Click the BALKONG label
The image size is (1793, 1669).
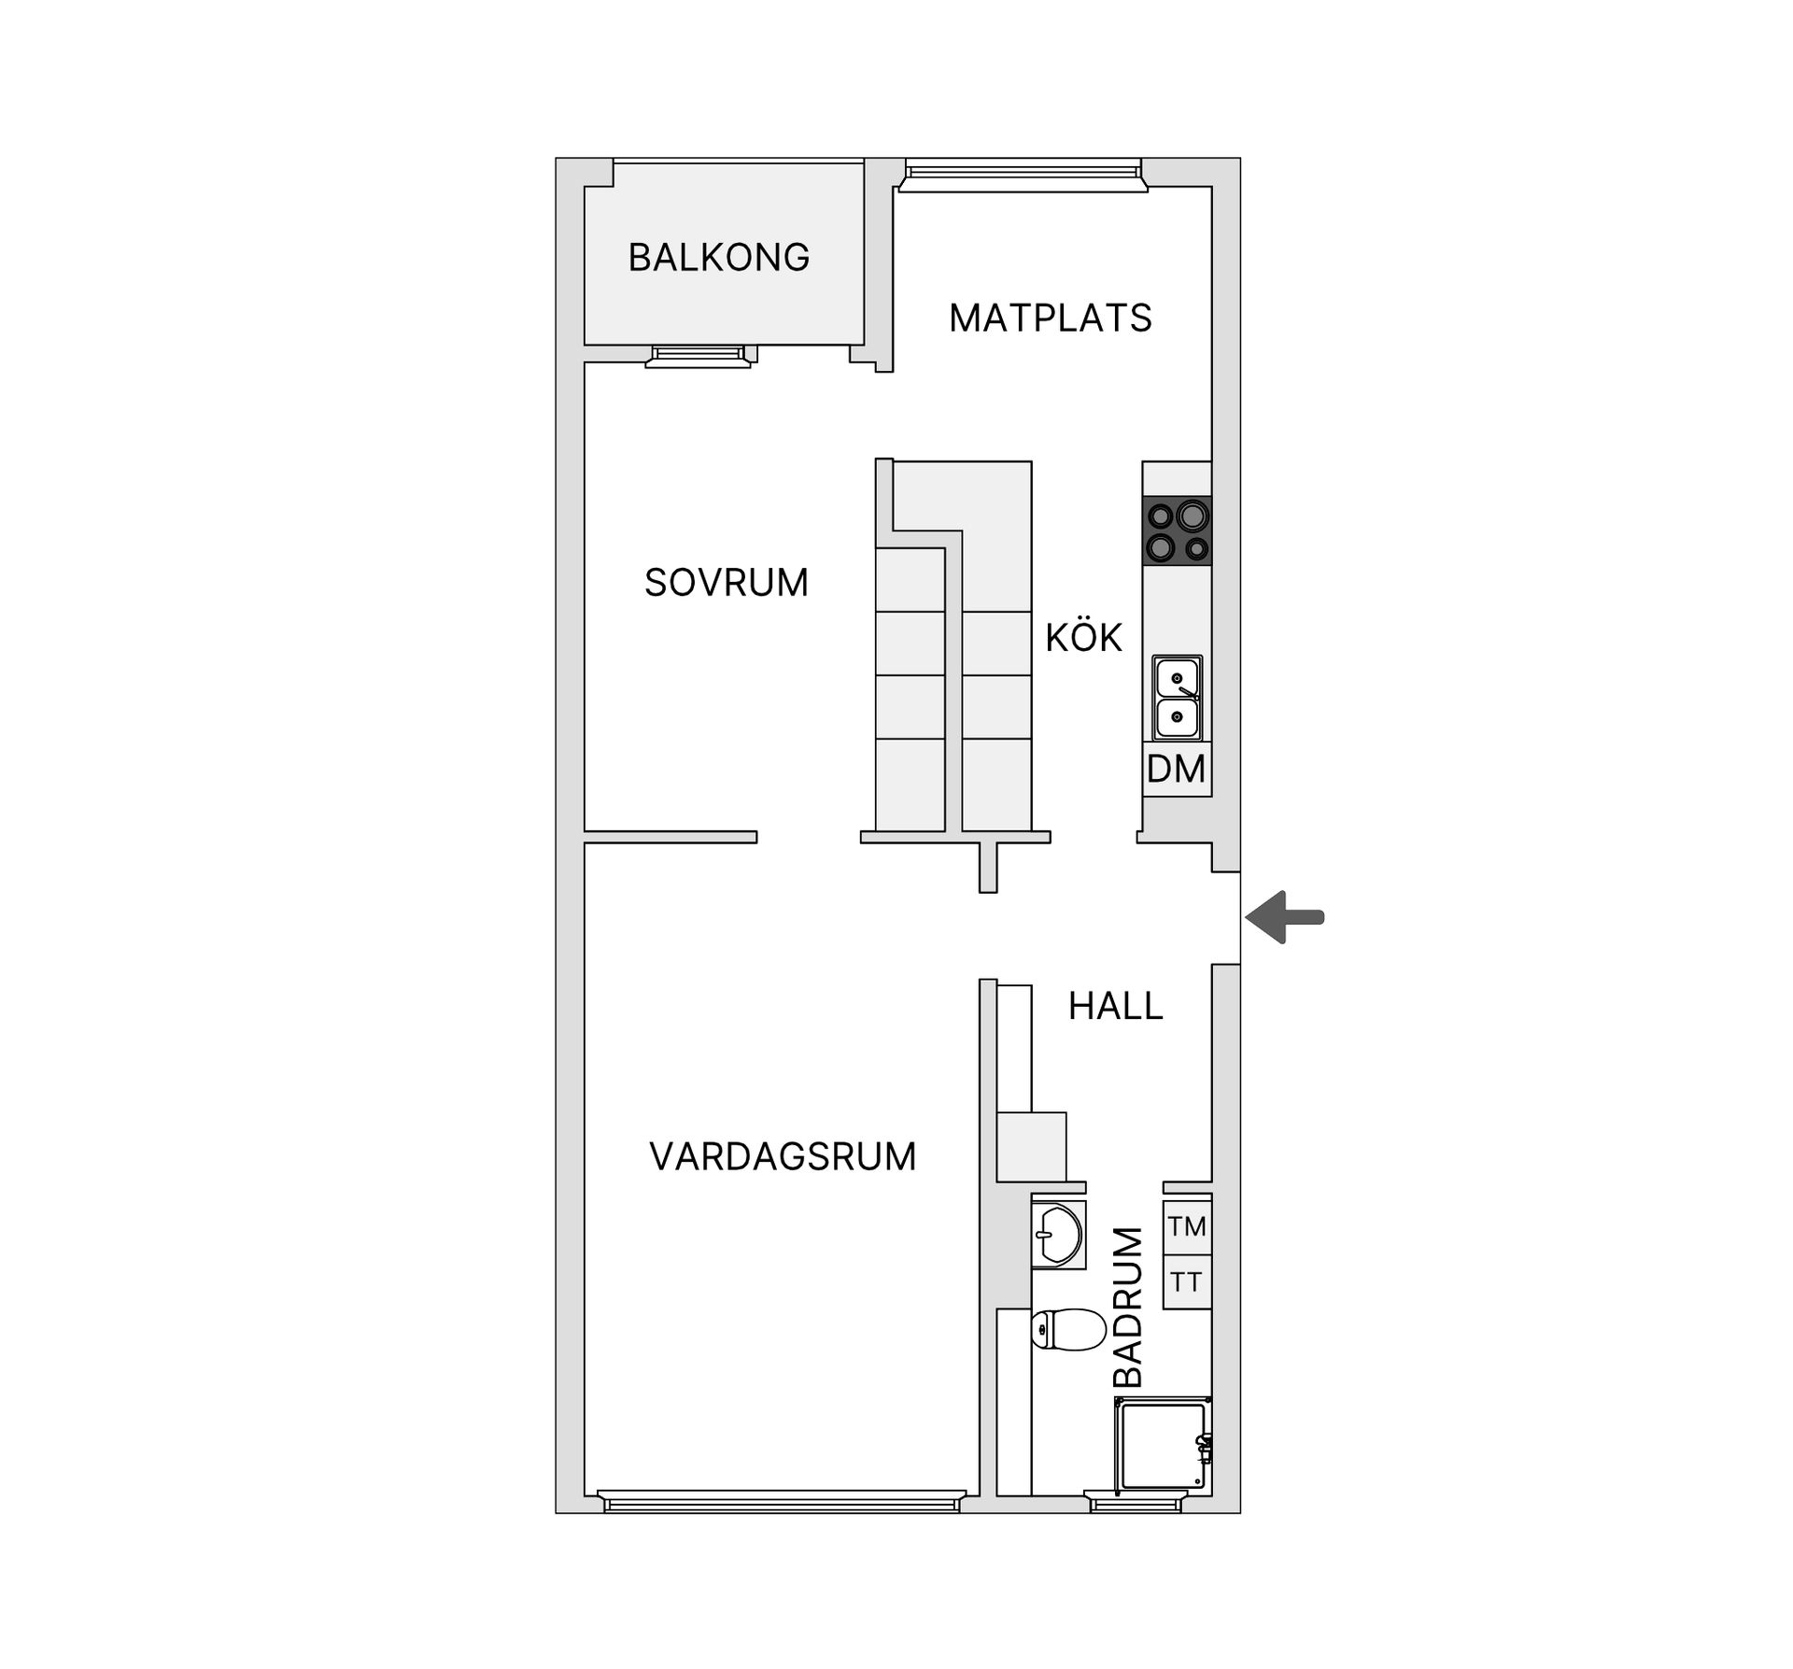[718, 258]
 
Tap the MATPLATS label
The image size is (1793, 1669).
[1050, 318]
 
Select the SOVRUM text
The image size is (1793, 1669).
[726, 583]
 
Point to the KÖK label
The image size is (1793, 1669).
[1083, 638]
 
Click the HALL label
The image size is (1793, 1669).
[1115, 1006]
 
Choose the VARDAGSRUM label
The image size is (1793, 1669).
[783, 1156]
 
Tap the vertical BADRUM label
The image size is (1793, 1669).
[1128, 1308]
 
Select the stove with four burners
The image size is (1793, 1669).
[1178, 530]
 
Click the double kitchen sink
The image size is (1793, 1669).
[1177, 698]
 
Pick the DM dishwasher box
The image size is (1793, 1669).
[1177, 770]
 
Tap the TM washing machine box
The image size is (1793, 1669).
[1187, 1226]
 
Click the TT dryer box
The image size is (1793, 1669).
[1187, 1282]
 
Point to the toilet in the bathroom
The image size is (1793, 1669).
[1069, 1328]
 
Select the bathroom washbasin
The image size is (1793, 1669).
[1059, 1235]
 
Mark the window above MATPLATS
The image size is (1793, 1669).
[1022, 175]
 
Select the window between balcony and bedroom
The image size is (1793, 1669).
[699, 356]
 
